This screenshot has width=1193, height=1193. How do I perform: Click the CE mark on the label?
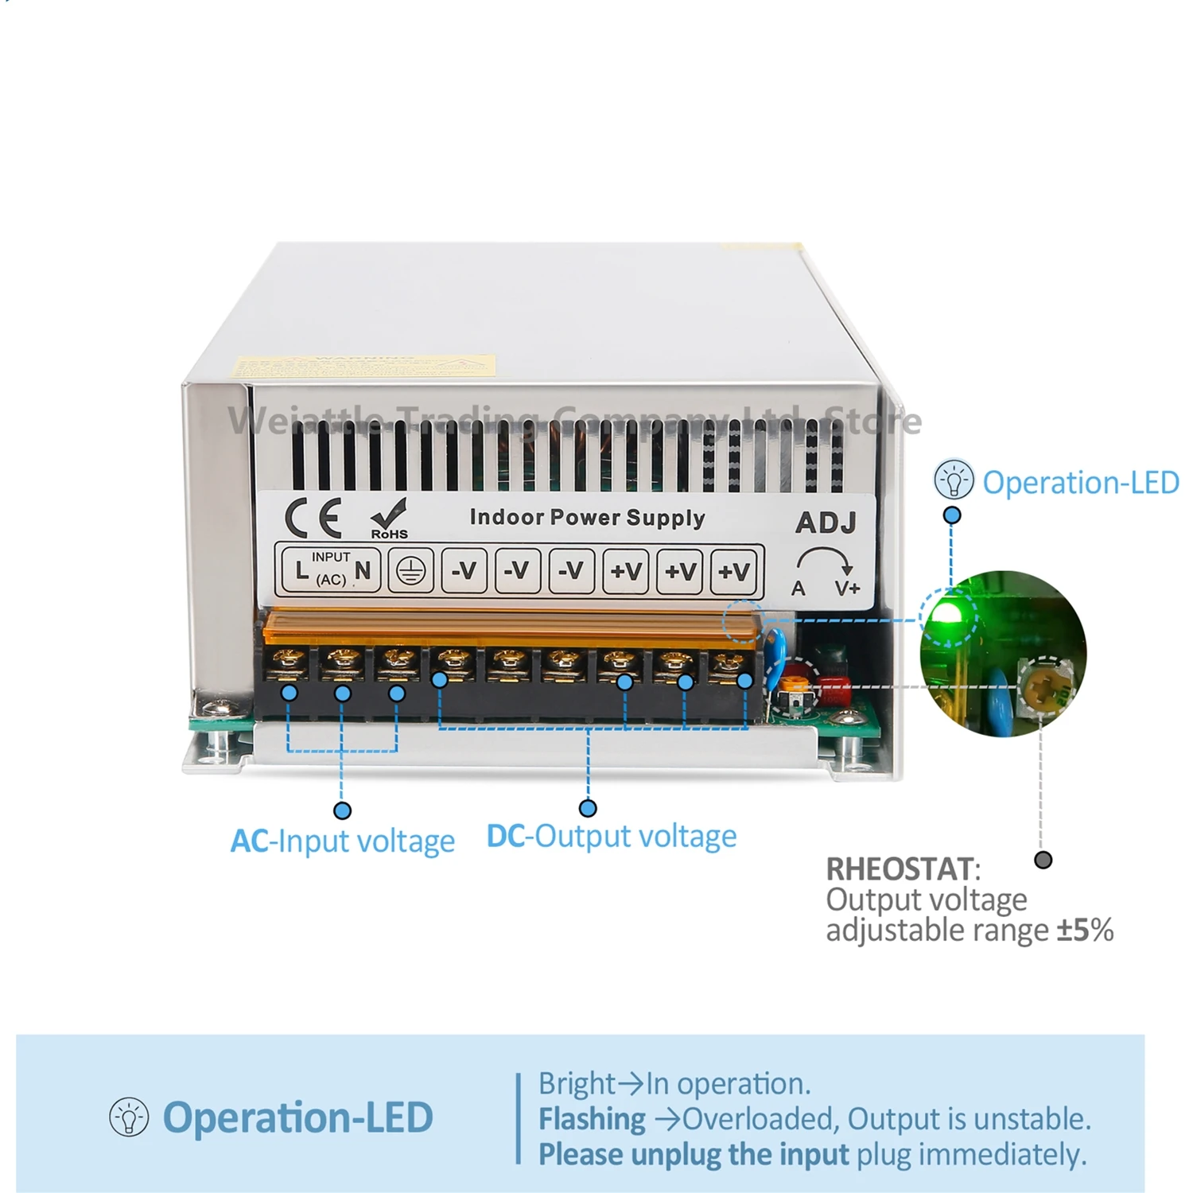click(313, 518)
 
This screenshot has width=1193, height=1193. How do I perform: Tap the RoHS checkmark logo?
click(389, 518)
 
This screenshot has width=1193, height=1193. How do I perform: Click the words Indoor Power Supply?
click(587, 518)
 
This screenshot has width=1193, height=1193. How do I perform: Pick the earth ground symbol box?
click(410, 570)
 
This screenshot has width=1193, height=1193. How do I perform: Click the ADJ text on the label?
click(826, 523)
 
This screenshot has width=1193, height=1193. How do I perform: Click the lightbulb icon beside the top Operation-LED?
click(953, 480)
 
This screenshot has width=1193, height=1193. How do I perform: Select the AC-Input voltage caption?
click(343, 841)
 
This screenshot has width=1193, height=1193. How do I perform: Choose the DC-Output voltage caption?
click(612, 837)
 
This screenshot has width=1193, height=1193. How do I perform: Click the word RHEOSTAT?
click(900, 869)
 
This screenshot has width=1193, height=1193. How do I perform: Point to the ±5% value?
click(1085, 930)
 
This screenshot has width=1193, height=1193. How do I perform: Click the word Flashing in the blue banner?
click(592, 1119)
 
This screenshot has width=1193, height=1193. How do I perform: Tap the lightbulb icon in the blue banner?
click(129, 1117)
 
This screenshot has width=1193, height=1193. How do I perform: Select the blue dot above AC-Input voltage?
click(342, 810)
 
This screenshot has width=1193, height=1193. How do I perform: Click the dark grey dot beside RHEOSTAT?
click(1043, 860)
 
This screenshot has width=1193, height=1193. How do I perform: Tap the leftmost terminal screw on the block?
click(289, 659)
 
